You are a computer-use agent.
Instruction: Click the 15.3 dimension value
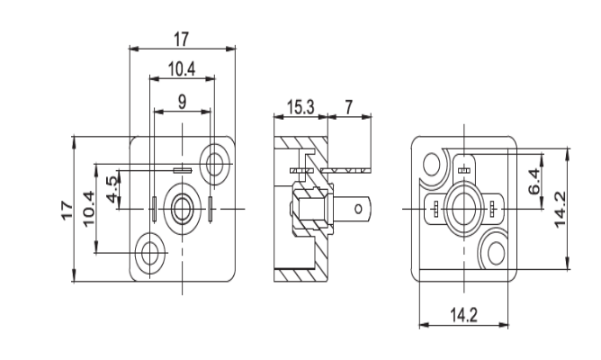pyautogui.click(x=300, y=107)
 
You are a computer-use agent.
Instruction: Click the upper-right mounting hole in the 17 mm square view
pyautogui.click(x=215, y=163)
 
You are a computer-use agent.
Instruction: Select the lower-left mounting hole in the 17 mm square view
pyautogui.click(x=149, y=250)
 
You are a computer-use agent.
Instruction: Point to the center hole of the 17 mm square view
pyautogui.click(x=183, y=207)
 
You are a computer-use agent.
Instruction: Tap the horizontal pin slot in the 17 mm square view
pyautogui.click(x=183, y=169)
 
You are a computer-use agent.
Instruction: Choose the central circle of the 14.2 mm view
pyautogui.click(x=464, y=207)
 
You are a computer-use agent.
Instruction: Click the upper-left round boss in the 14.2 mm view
pyautogui.click(x=433, y=166)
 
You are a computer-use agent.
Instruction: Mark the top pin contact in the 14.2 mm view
pyautogui.click(x=464, y=168)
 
